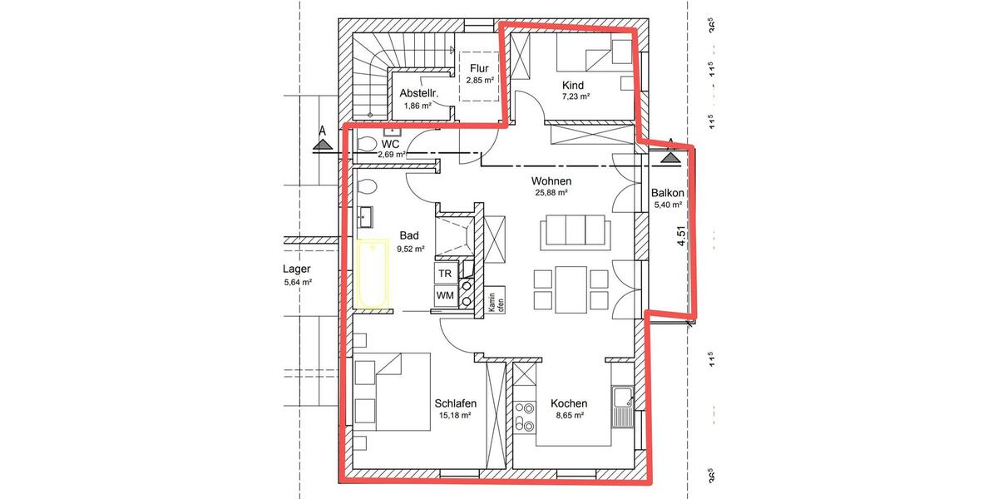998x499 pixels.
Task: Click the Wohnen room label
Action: coord(551,180)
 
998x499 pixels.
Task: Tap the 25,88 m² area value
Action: coord(551,193)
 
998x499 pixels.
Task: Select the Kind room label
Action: coord(573,85)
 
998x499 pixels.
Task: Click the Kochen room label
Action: coord(569,403)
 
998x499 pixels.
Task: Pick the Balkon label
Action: coord(667,192)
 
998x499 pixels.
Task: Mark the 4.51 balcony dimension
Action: coord(681,238)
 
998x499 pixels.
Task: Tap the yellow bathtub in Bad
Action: coord(373,273)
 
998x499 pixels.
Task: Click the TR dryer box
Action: coord(445,273)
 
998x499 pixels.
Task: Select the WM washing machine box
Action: coord(445,295)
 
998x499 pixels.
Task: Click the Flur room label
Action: coord(479,69)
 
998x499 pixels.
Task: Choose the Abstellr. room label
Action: coord(418,93)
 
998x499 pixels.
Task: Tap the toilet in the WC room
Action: coord(367,146)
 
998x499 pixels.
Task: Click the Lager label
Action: coord(297,269)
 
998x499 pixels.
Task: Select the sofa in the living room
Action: coord(573,230)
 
